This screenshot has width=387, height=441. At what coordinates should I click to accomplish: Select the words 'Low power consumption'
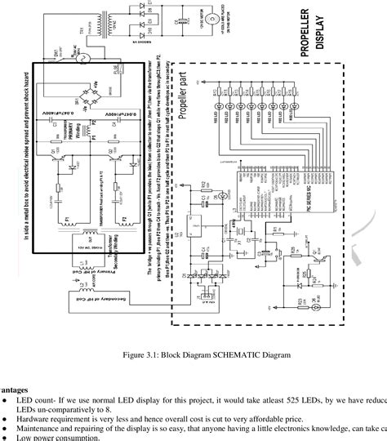point(58,437)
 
